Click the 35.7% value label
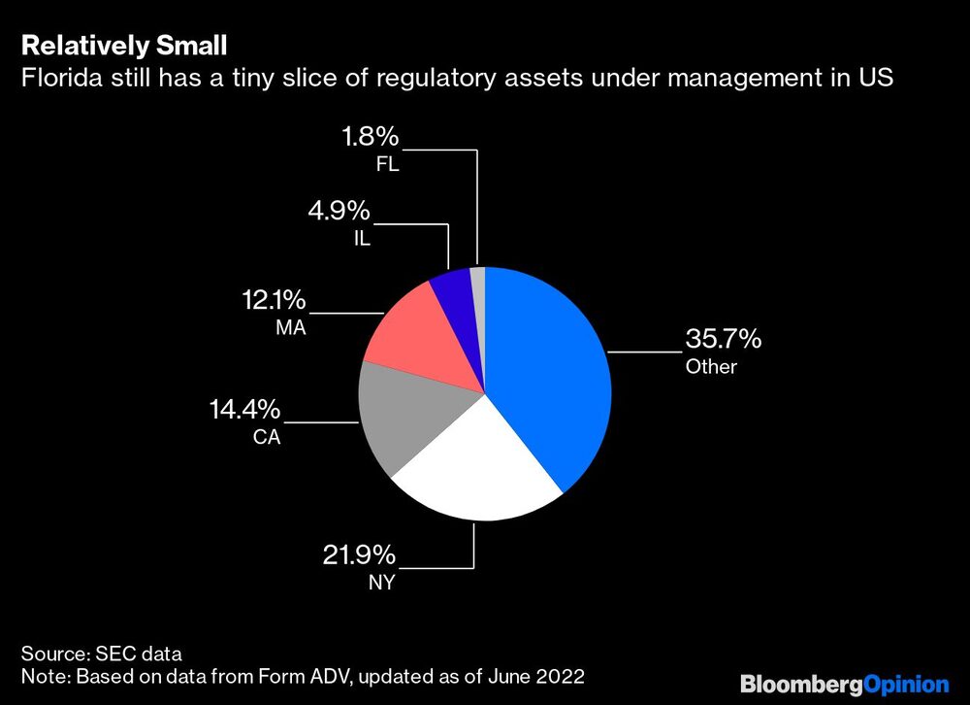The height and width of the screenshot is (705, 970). click(724, 340)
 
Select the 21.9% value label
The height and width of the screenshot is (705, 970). click(359, 555)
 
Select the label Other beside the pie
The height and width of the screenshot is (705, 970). click(711, 367)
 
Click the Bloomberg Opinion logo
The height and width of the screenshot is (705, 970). click(844, 683)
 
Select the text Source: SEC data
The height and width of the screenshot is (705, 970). click(101, 653)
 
